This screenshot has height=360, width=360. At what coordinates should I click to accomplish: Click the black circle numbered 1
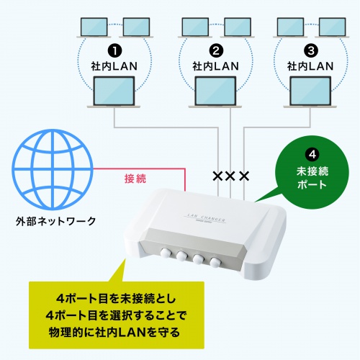[115, 51]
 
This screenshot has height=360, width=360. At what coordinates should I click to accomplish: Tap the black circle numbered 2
[214, 51]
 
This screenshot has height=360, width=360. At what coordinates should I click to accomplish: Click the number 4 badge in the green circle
[312, 154]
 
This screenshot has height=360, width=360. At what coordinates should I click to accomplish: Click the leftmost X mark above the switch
[217, 176]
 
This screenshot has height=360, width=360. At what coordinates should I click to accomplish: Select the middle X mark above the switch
[230, 176]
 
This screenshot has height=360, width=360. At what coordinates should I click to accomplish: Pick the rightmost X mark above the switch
[244, 176]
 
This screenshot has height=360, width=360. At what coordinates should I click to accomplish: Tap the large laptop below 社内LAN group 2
[214, 95]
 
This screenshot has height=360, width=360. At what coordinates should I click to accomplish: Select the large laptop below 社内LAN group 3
[312, 95]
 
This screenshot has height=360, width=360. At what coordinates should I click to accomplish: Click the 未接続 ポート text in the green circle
[312, 178]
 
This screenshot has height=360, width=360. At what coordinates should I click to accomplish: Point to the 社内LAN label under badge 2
[214, 66]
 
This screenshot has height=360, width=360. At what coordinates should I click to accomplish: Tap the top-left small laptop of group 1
[91, 27]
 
